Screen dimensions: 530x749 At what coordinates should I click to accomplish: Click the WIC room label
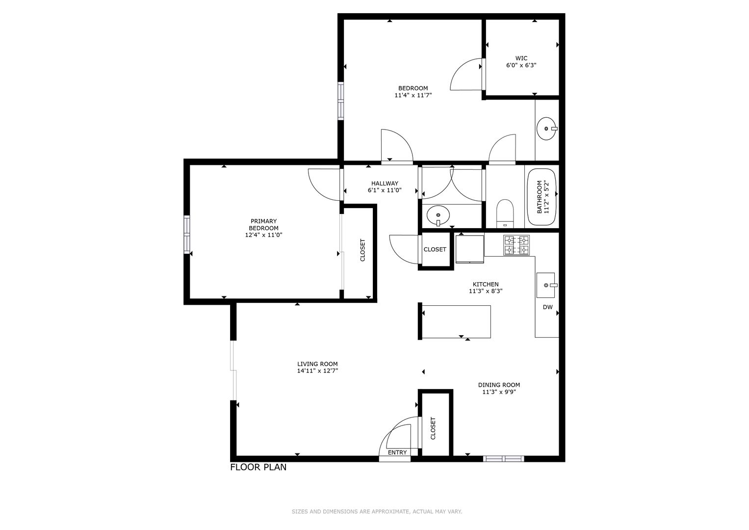[x=521, y=58]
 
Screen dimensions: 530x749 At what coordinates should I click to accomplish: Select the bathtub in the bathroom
[x=542, y=197]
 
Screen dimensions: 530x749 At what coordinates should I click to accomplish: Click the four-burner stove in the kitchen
[x=517, y=245]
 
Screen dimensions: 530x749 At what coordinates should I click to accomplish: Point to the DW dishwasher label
[x=547, y=308]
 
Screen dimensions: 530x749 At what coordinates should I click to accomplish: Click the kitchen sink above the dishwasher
[x=545, y=285]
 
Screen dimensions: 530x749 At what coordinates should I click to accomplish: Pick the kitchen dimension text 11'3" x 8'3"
[x=485, y=291]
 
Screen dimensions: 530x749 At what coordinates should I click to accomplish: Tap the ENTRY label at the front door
[x=397, y=452]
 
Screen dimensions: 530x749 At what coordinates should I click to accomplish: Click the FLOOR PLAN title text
[x=258, y=467]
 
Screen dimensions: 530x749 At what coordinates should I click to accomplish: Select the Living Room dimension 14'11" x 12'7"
[x=317, y=371]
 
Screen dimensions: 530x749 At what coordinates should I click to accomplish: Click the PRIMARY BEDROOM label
[x=263, y=225]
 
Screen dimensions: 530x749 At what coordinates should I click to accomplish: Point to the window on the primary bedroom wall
[x=187, y=235]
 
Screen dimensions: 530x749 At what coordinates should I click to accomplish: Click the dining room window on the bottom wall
[x=503, y=459]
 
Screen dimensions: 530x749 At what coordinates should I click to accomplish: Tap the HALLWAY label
[x=385, y=184]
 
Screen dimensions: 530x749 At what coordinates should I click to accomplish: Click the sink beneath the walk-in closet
[x=546, y=129]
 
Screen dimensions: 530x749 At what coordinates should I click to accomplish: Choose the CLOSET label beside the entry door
[x=433, y=428]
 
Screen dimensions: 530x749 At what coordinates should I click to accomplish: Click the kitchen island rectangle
[x=456, y=321]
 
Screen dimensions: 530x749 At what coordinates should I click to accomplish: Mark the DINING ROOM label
[x=499, y=385]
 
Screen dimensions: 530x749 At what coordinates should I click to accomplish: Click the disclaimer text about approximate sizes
[x=377, y=512]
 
